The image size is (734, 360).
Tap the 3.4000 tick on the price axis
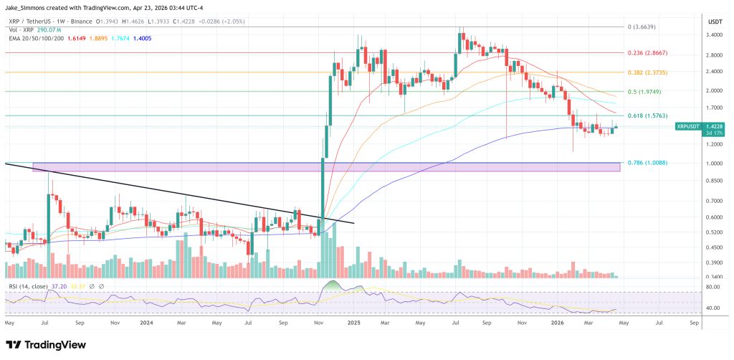click(x=715, y=34)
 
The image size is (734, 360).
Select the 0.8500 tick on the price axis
click(x=715, y=181)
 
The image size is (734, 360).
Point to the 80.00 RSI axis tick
click(x=713, y=288)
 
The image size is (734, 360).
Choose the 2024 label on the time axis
click(x=147, y=323)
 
